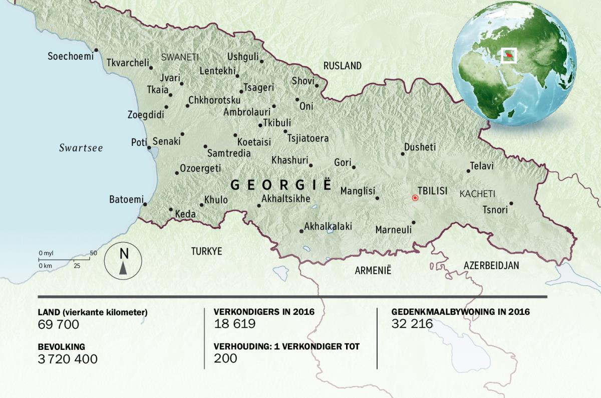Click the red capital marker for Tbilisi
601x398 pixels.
(x=415, y=198)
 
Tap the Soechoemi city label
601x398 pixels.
(x=71, y=57)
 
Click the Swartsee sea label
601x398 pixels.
(x=81, y=148)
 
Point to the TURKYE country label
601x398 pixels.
(x=206, y=252)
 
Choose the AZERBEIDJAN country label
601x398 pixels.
(x=491, y=265)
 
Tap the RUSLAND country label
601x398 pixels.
(x=342, y=66)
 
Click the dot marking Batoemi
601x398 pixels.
(x=145, y=204)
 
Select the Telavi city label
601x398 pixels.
(x=482, y=165)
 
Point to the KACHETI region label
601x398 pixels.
(x=477, y=193)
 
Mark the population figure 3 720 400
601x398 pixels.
(x=68, y=359)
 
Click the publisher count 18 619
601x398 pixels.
(x=234, y=324)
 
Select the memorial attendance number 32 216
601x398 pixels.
(x=412, y=324)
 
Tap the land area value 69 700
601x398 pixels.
(x=59, y=324)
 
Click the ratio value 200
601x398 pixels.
(x=225, y=358)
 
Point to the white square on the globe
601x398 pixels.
(x=509, y=54)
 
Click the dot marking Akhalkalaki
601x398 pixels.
(x=301, y=231)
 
